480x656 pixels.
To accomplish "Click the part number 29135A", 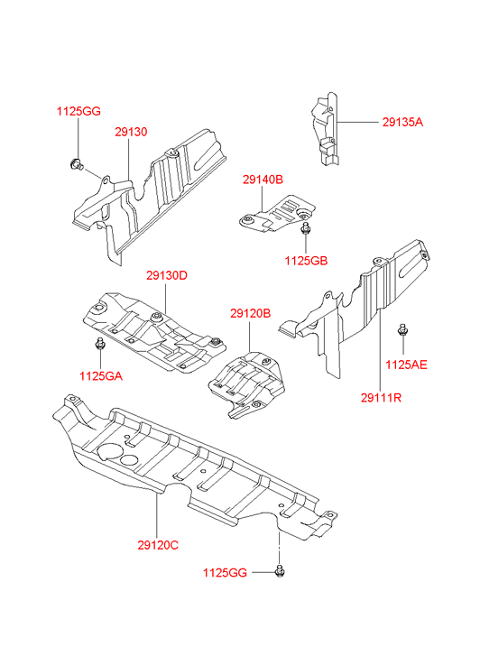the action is point(402,122).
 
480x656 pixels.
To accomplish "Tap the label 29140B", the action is point(263,180).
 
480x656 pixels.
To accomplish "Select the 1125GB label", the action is point(306,261).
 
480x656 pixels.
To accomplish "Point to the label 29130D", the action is point(167,276).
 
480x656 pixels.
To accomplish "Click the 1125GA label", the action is point(101,376).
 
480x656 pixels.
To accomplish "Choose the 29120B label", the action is point(250,313).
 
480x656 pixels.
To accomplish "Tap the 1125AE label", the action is point(406,365).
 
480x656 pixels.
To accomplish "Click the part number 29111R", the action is point(381,397).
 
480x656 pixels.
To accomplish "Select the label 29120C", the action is point(158,545).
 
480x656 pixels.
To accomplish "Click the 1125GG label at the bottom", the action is point(226,573).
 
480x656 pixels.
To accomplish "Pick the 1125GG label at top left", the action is point(78,111).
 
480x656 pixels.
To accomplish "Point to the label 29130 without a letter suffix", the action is point(131,132).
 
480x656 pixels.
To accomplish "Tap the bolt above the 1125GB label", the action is point(306,228).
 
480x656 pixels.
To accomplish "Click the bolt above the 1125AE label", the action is point(403,329).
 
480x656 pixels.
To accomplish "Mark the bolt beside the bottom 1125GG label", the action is point(280,571).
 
